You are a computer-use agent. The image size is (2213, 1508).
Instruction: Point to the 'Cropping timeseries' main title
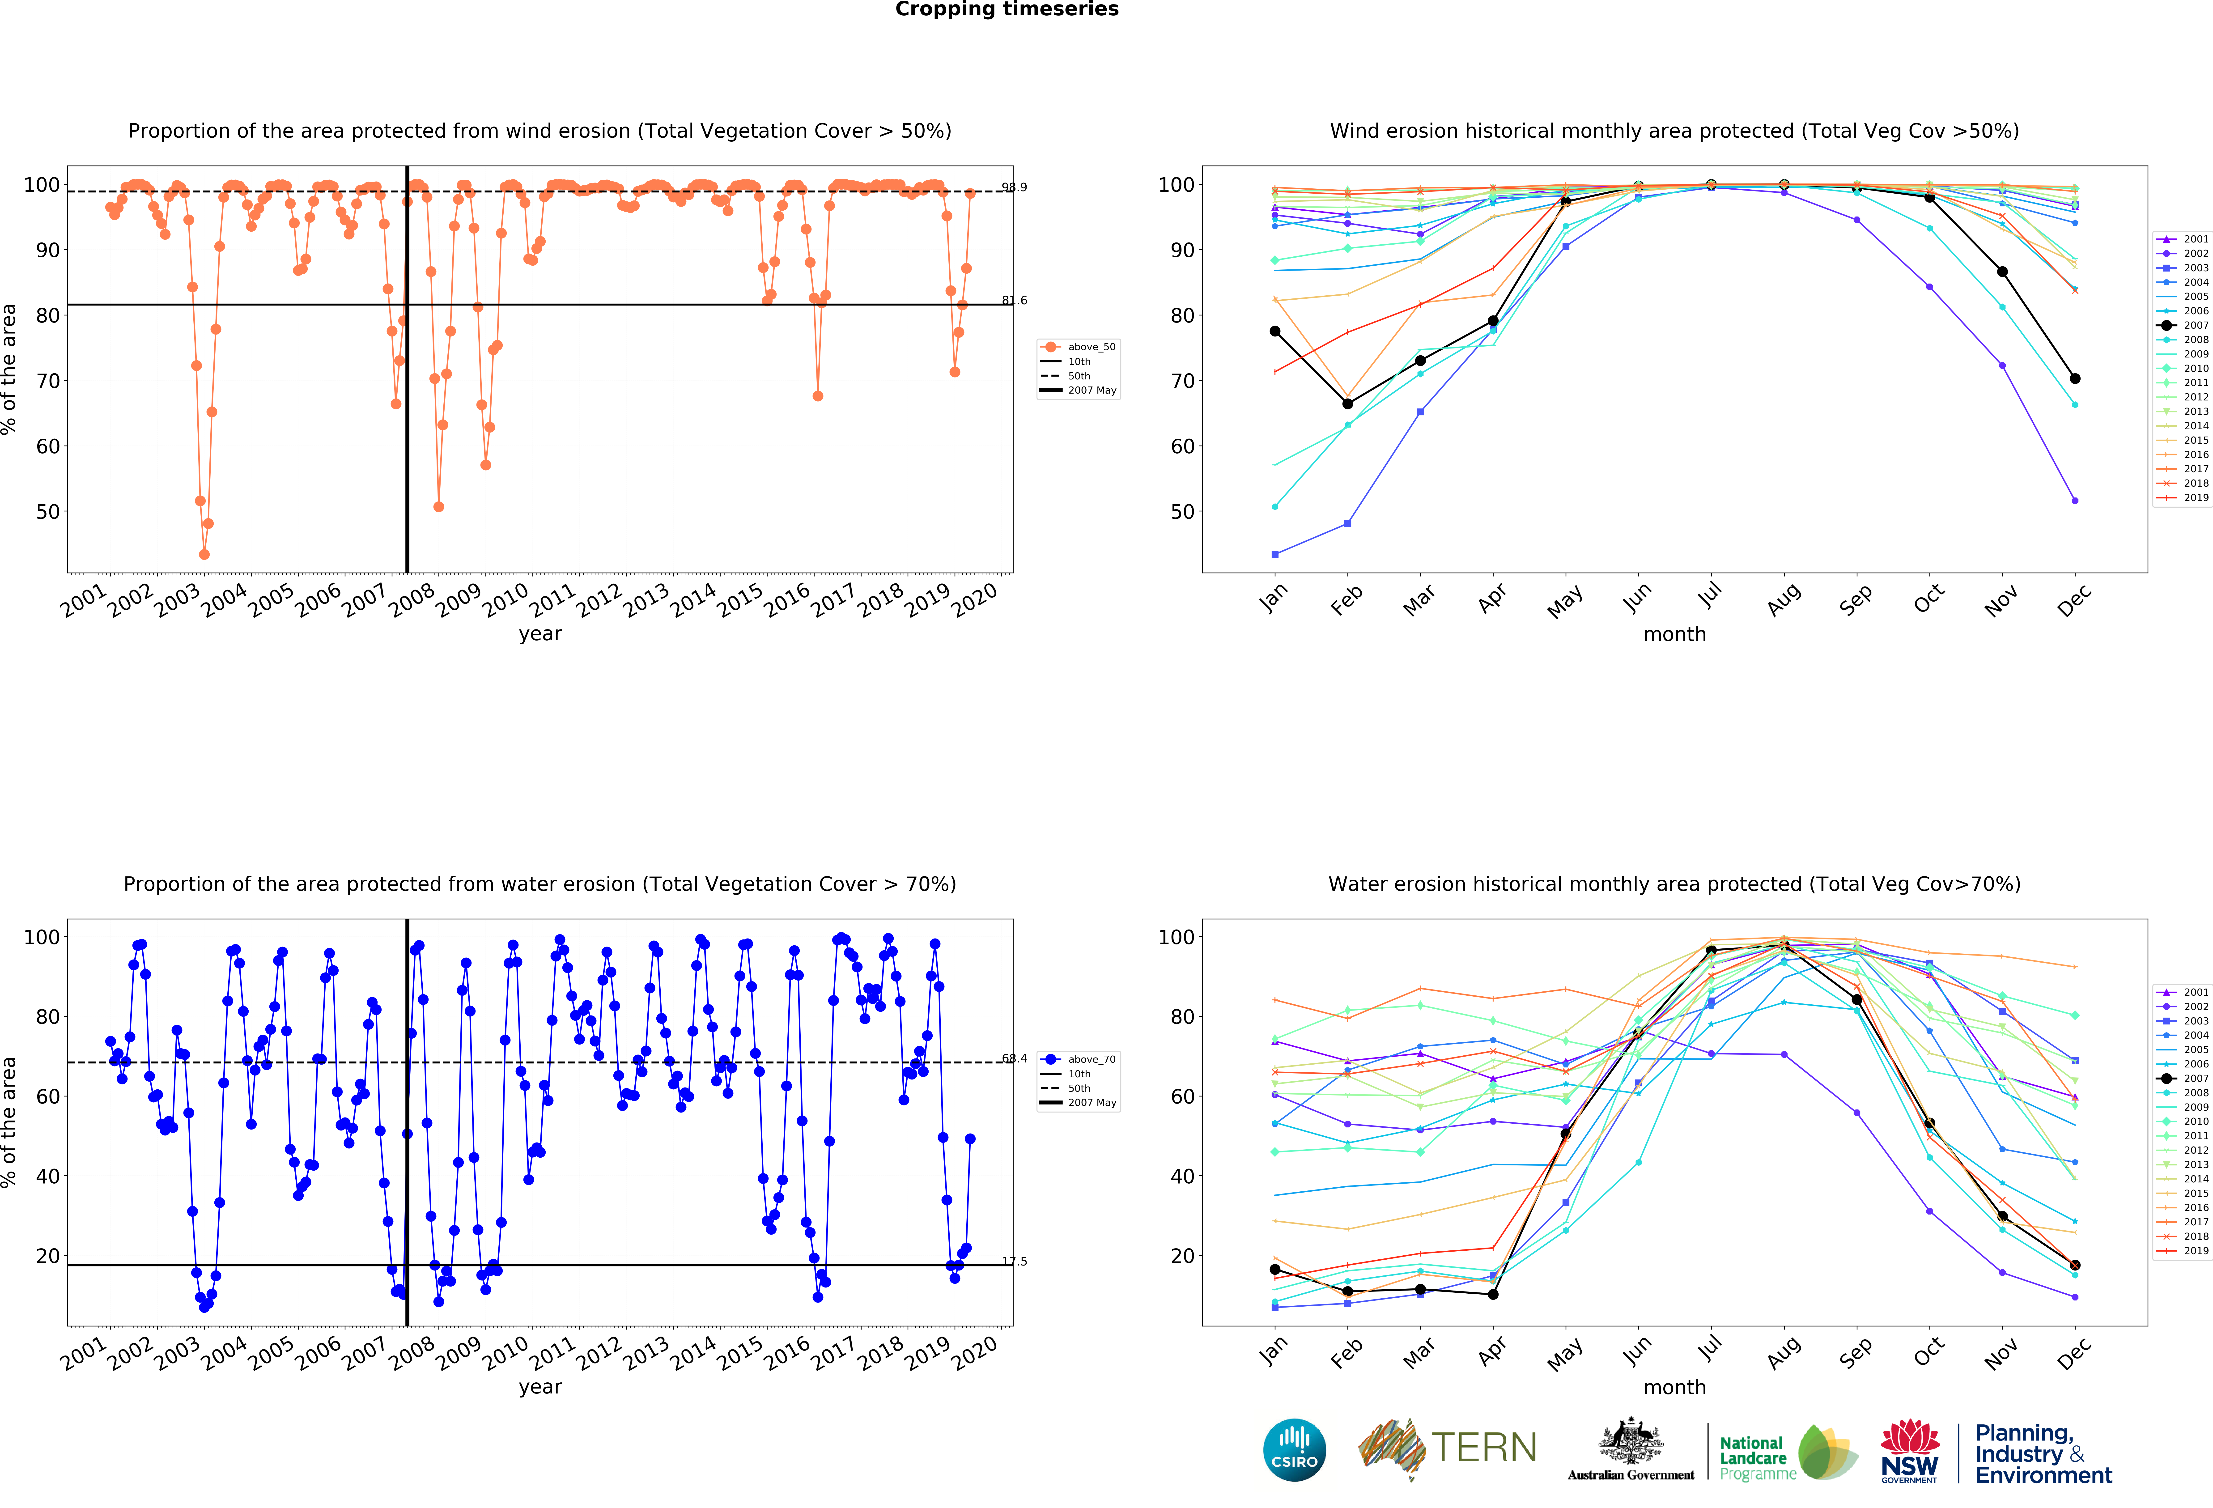coord(1007,9)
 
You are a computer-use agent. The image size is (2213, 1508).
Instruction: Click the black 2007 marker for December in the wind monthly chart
coord(2075,379)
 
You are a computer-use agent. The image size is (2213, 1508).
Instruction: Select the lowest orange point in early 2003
coord(204,554)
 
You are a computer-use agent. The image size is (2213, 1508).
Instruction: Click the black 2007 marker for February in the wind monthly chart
coord(1347,404)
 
